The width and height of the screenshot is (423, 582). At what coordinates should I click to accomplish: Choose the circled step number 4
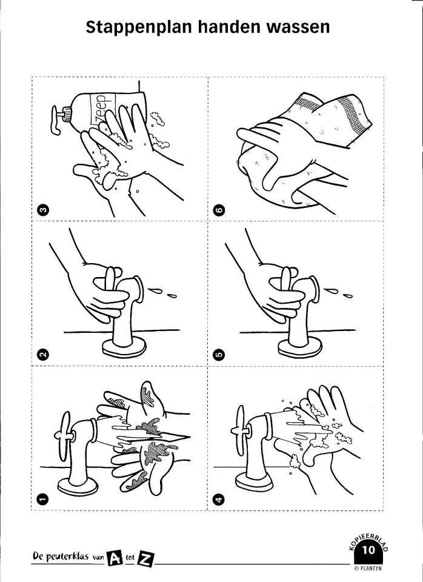[x=219, y=499]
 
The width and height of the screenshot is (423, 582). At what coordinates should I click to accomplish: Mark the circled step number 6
[x=219, y=210]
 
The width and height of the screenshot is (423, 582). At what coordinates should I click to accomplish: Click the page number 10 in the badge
[x=368, y=550]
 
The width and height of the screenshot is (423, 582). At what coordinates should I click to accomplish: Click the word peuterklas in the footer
[x=68, y=557]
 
